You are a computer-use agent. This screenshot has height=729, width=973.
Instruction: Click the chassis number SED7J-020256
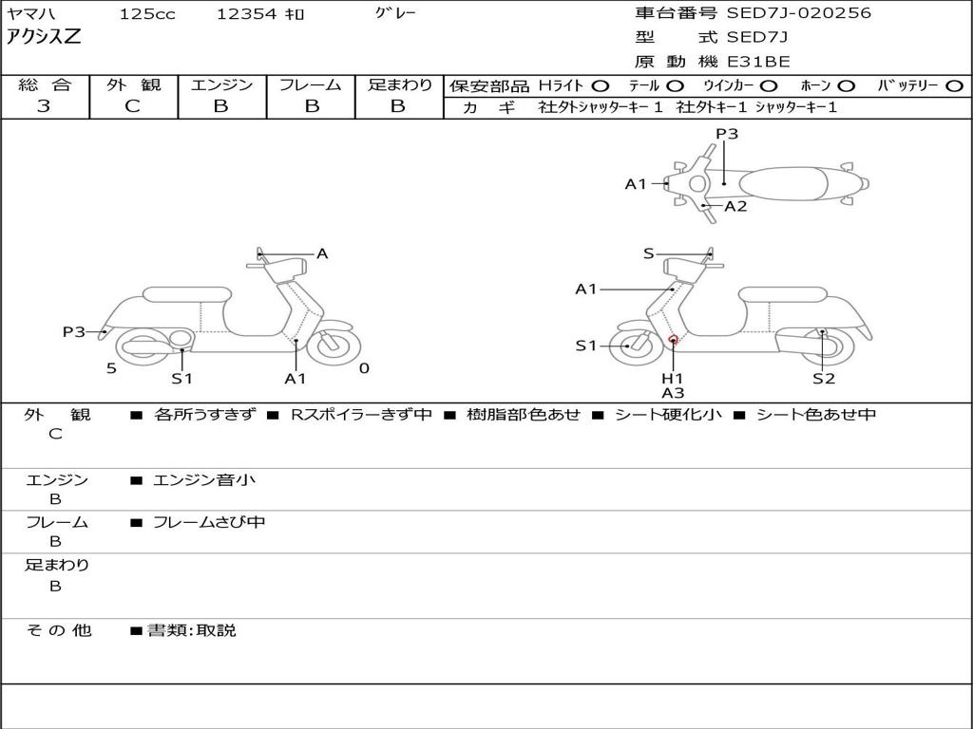point(798,13)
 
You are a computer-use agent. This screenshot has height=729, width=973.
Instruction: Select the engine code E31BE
point(758,62)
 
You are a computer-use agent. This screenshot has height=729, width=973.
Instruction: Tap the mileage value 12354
point(247,14)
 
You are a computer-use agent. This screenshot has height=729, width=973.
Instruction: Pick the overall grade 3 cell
point(44,106)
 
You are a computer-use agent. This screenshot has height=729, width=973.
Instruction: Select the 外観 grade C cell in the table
point(133,106)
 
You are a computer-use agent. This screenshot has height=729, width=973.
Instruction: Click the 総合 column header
point(44,85)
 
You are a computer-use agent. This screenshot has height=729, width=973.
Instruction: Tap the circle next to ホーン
point(847,86)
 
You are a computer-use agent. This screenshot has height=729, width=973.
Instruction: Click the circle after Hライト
point(601,86)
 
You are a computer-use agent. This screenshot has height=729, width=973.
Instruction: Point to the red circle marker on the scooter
point(673,339)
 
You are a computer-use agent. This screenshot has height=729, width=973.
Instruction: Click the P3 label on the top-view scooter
point(727,134)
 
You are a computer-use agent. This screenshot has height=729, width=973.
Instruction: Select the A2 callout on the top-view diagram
point(735,206)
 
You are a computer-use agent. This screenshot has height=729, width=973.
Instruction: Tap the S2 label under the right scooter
point(823,379)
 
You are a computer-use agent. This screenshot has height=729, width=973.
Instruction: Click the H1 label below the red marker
point(673,379)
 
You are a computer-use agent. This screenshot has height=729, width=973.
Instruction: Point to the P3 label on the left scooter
point(74,331)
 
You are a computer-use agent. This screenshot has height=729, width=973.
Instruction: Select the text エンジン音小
point(204,480)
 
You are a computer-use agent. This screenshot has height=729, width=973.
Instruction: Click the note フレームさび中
point(209,522)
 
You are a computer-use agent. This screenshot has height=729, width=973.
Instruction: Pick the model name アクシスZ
point(44,37)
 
